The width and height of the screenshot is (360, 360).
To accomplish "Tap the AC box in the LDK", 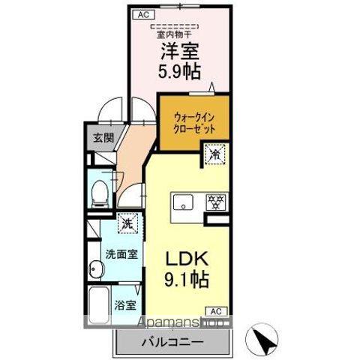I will tap(214, 310).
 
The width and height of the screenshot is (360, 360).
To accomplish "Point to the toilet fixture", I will tap(98, 193).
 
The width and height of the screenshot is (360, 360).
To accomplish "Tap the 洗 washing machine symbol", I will tap(128, 223).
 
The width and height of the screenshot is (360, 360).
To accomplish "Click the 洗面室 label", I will tap(120, 253).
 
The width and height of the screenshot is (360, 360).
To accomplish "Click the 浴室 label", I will tap(124, 305).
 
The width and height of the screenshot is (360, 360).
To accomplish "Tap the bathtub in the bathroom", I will tap(98, 307).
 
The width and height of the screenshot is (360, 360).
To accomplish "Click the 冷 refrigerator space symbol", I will tap(214, 155).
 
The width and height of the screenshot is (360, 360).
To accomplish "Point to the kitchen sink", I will tap(182, 201).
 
